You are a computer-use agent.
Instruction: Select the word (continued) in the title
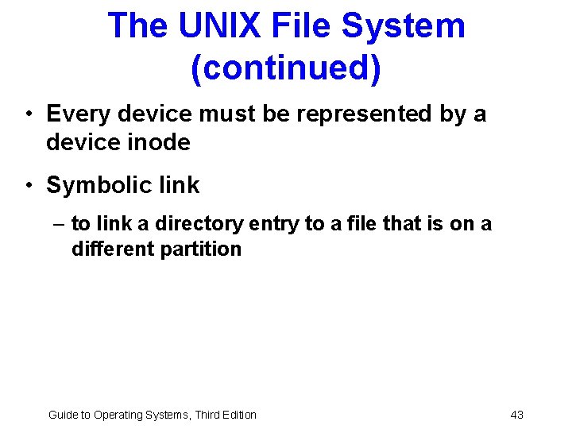point(286,68)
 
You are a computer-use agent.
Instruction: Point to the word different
point(113,249)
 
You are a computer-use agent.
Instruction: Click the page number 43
point(516,415)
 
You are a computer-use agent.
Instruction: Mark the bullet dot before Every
point(28,114)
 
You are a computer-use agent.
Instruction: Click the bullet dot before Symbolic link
point(28,187)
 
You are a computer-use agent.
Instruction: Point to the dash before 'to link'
point(60,225)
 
